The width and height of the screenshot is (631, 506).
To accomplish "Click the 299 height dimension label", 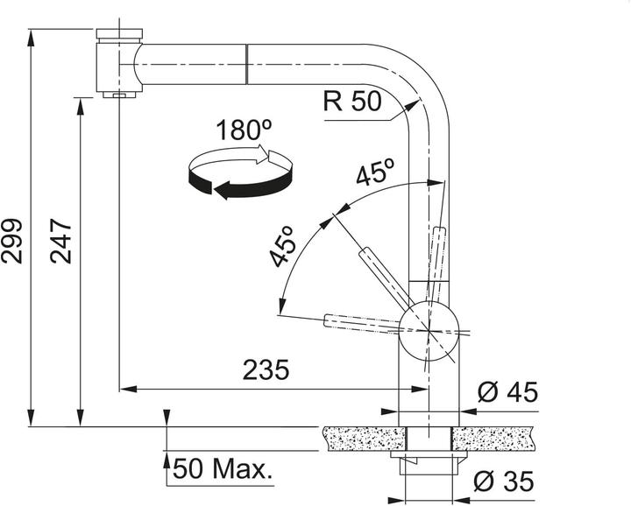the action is pyautogui.click(x=11, y=241).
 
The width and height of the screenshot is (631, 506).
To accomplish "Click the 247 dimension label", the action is pyautogui.click(x=60, y=241).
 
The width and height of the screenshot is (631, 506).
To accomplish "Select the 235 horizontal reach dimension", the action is pyautogui.click(x=266, y=369).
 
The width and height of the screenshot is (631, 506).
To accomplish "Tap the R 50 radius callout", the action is pyautogui.click(x=352, y=101).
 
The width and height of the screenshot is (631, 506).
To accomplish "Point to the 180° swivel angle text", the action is pyautogui.click(x=244, y=130).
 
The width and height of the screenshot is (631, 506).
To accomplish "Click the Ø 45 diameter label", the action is pyautogui.click(x=507, y=392).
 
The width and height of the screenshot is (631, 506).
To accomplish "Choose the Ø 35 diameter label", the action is pyautogui.click(x=504, y=481).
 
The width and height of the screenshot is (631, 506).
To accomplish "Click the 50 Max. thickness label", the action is pyautogui.click(x=221, y=468).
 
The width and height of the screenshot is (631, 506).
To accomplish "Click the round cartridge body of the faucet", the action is pyautogui.click(x=429, y=331).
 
